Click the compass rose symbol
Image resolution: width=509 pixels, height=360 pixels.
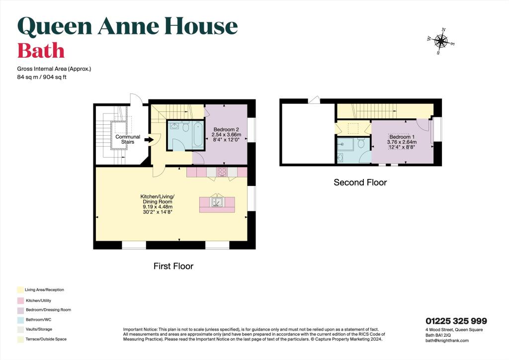(x=440, y=42)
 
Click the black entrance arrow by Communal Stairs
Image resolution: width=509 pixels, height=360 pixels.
(x=149, y=140)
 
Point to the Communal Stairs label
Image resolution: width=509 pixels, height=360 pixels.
(x=128, y=139)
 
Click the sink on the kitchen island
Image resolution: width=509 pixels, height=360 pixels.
(x=217, y=202)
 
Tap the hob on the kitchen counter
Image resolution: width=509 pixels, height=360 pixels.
(x=222, y=172)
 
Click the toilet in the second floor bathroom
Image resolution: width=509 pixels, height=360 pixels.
(x=361, y=145)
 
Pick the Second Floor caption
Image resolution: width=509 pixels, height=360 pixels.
(x=360, y=182)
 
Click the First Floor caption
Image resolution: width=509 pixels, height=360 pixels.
(x=173, y=266)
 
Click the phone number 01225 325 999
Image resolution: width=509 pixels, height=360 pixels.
(x=456, y=321)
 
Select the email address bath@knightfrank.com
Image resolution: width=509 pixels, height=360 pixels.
(x=447, y=341)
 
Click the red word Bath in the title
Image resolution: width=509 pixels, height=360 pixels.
(x=41, y=51)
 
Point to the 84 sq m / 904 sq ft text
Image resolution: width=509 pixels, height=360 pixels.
(x=41, y=77)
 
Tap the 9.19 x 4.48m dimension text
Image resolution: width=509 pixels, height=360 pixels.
(x=157, y=207)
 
